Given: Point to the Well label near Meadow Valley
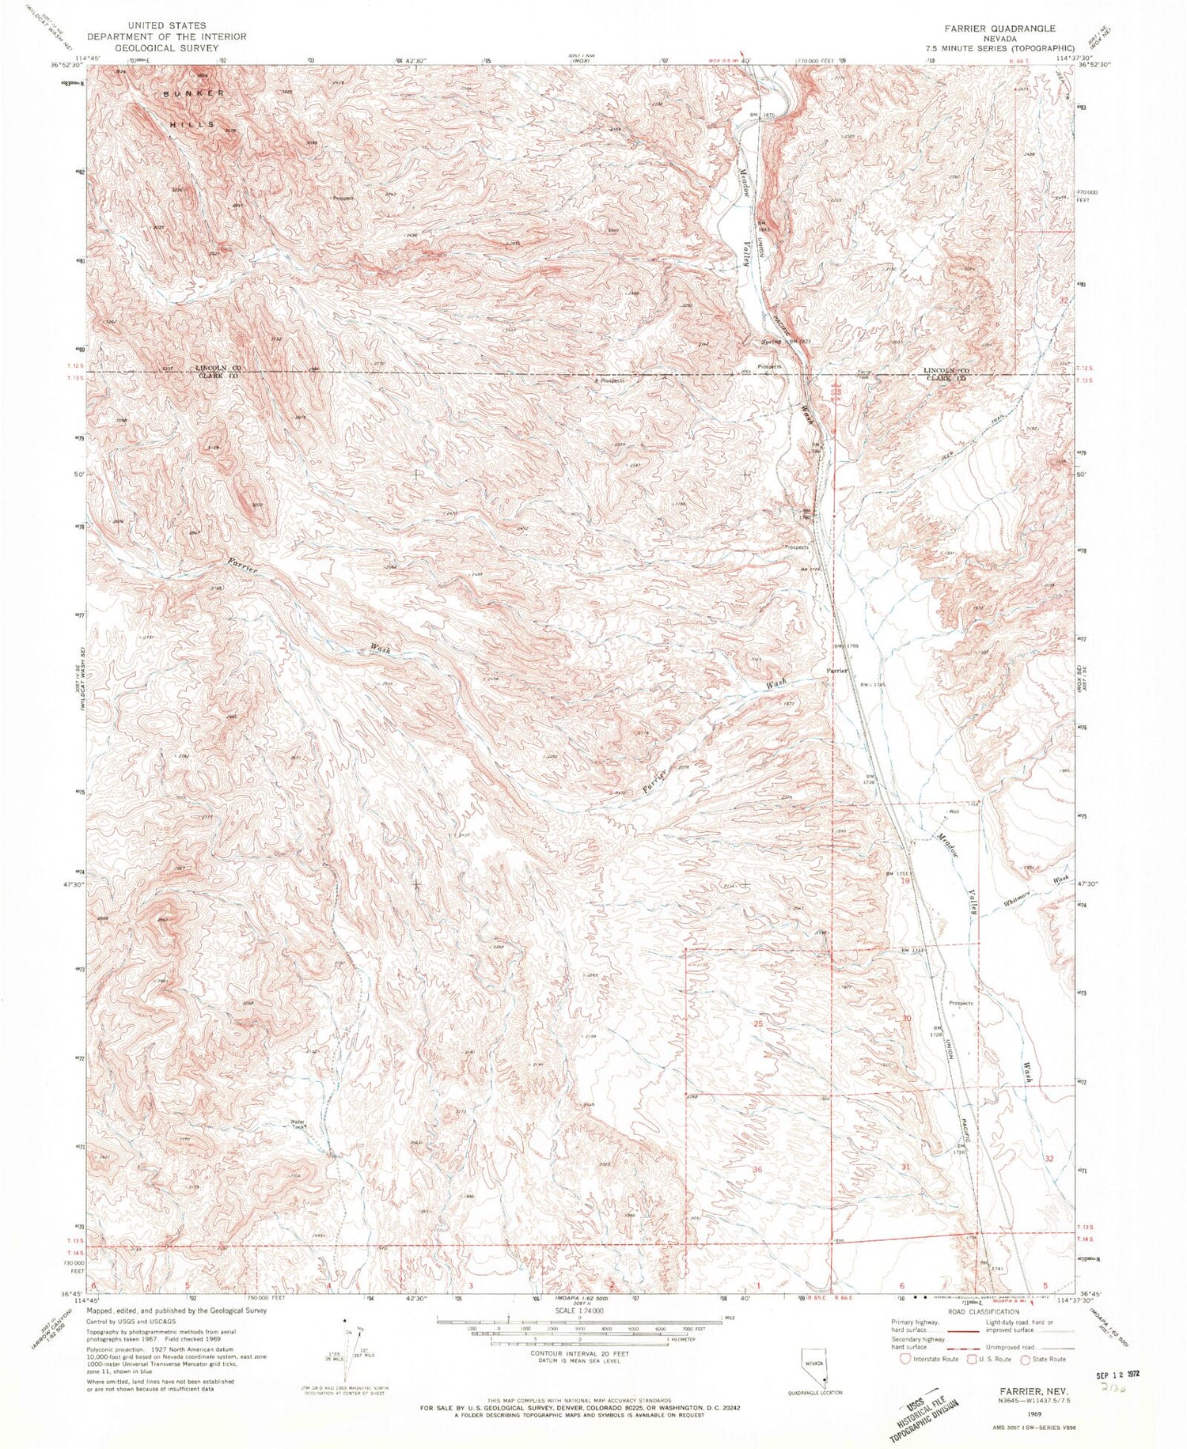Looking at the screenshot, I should click(x=954, y=812).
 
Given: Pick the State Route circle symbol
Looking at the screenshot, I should click(x=1025, y=1359).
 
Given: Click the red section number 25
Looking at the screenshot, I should click(x=757, y=1023).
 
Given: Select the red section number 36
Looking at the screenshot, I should click(x=757, y=1169).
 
